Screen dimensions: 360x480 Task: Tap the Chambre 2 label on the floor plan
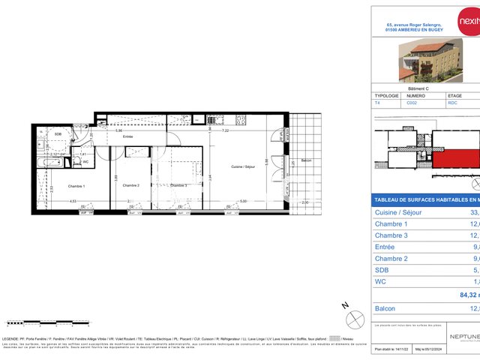click(131, 186)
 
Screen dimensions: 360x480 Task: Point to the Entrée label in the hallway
click(128, 136)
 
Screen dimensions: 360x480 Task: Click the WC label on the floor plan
click(86, 161)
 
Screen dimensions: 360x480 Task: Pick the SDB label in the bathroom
click(58, 133)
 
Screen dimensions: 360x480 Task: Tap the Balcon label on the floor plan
click(305, 161)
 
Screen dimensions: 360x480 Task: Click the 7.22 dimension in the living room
click(226, 130)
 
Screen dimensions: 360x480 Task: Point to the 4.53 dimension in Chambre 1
click(73, 201)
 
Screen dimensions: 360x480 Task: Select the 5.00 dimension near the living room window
click(243, 201)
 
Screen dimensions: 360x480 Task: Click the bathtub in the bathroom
click(52, 162)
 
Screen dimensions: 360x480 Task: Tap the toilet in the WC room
click(77, 161)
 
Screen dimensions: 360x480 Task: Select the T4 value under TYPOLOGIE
click(377, 103)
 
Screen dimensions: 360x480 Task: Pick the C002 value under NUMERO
click(412, 103)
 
